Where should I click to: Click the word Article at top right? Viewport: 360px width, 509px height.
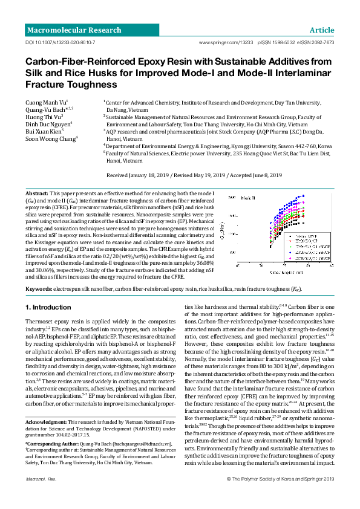click(x=321, y=30)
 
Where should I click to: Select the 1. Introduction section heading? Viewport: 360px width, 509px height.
click(x=48, y=308)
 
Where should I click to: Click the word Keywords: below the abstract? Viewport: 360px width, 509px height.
click(x=38, y=289)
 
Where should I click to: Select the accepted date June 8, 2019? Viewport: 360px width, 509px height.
click(x=266, y=175)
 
